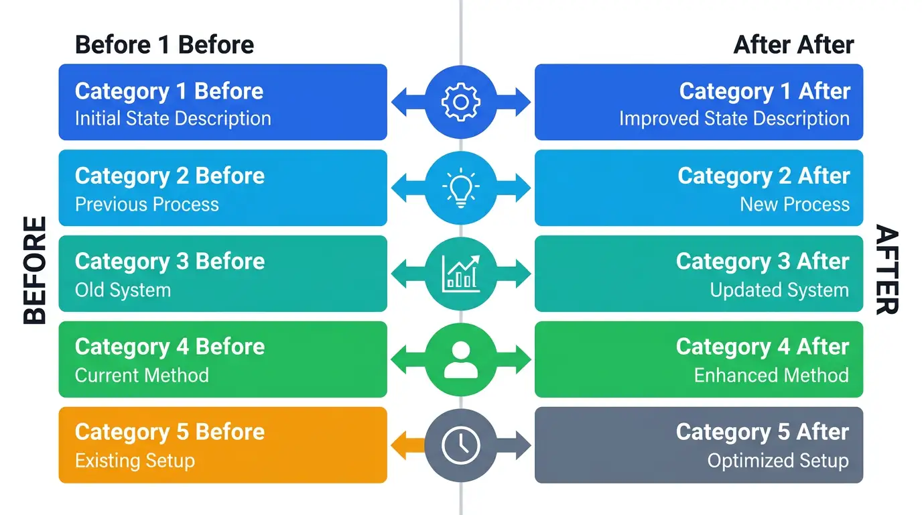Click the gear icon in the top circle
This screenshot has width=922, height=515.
(460, 102)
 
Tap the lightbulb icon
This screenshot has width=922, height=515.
(460, 188)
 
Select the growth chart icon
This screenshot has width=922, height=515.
(460, 274)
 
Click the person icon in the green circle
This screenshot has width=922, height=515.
(460, 359)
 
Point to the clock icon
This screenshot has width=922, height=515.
(460, 445)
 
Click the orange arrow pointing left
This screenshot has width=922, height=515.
(408, 445)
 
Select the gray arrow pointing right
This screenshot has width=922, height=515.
(514, 445)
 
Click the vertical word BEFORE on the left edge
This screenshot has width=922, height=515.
(35, 270)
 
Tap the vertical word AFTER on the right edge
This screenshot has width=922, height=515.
(886, 270)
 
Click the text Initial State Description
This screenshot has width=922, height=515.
(173, 119)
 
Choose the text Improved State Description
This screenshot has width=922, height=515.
(734, 119)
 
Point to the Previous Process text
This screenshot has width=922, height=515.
(147, 205)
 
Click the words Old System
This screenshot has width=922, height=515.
(123, 290)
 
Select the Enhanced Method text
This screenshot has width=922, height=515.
(771, 376)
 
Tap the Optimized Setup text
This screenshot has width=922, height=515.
(778, 461)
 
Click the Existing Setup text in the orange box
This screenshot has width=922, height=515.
(135, 461)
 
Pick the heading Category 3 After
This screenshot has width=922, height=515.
(763, 262)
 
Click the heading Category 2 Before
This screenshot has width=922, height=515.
(170, 176)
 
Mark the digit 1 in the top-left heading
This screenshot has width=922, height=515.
(164, 44)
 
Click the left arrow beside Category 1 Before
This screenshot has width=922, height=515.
(408, 102)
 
